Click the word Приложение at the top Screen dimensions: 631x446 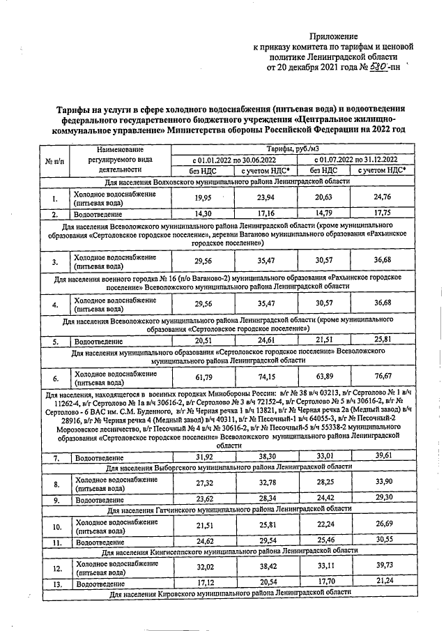(333, 36)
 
